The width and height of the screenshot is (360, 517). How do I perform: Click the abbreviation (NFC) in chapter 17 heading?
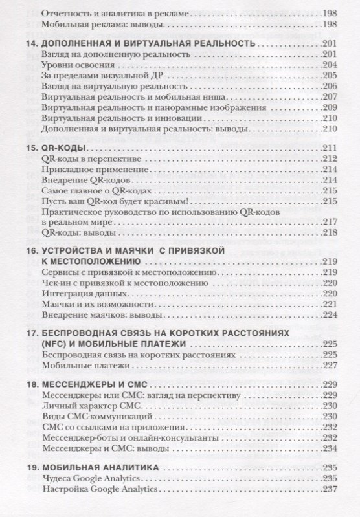coord(52,343)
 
